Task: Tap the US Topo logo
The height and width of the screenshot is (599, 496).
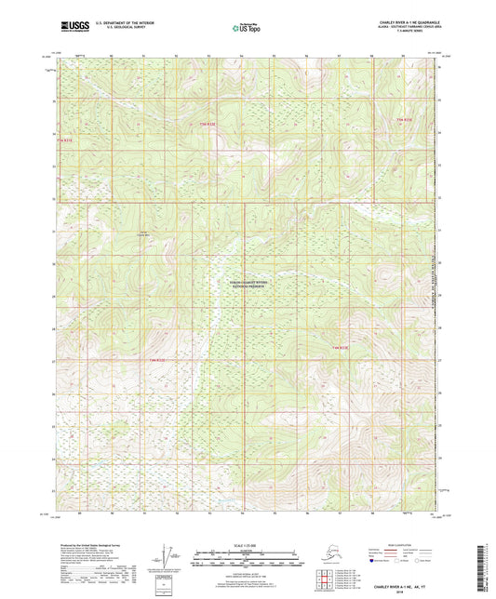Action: pos(247,29)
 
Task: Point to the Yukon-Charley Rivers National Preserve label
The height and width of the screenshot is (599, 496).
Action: pos(248,285)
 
